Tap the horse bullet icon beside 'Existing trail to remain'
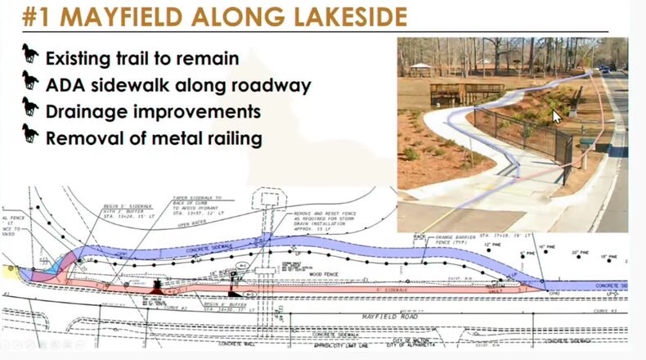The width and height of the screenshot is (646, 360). click(x=30, y=56)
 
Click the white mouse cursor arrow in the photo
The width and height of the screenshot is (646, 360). click(x=557, y=115)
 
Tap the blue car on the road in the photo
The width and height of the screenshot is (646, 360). click(x=605, y=70)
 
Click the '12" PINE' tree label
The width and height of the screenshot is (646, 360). click(x=491, y=245)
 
